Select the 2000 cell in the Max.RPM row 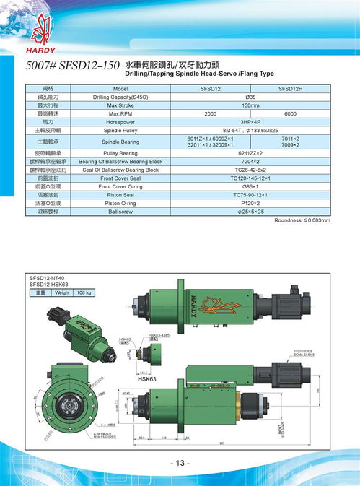tap(210, 114)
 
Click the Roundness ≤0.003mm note tap(302, 220)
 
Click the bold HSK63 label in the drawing tap(147, 377)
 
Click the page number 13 tap(180, 463)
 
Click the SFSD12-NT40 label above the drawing tap(47, 277)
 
